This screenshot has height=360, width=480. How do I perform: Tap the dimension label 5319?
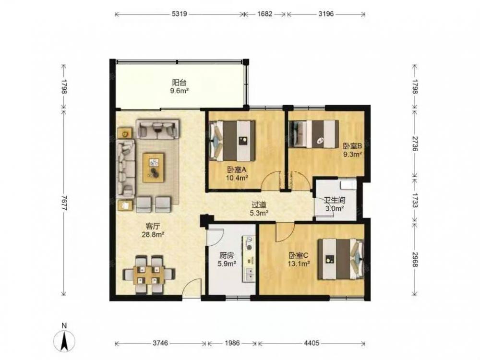click(180, 14)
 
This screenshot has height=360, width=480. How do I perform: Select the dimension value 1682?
click(264, 14)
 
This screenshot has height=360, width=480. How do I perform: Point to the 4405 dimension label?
click(312, 343)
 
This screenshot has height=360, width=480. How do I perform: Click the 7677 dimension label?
click(64, 203)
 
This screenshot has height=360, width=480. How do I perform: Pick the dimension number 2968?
click(415, 259)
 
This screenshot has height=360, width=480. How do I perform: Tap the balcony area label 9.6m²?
click(179, 91)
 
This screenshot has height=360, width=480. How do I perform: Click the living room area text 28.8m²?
click(153, 235)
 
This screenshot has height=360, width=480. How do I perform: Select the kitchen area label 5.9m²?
click(227, 263)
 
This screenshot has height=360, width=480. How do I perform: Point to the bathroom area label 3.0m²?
click(334, 208)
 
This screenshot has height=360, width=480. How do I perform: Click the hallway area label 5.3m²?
click(259, 213)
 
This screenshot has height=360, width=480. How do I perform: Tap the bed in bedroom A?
click(232, 141)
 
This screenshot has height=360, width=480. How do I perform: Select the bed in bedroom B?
click(314, 134)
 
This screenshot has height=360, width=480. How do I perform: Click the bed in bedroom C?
click(341, 259)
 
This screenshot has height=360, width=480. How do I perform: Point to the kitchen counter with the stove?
click(250, 259)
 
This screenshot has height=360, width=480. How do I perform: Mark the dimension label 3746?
click(160, 343)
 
